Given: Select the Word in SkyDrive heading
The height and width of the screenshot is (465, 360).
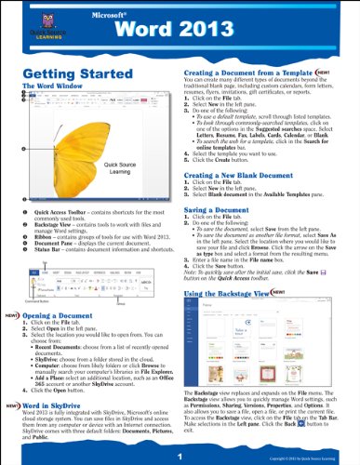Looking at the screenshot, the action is [x=61, y=407].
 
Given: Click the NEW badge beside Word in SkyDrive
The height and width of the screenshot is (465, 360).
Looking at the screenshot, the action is [x=16, y=407].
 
